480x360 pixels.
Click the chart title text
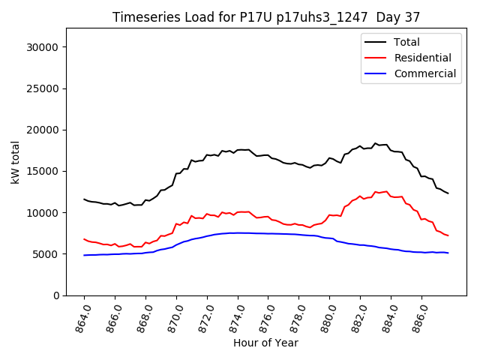pyautogui.click(x=266, y=16)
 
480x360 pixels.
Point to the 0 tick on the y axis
pyautogui.click(x=56, y=295)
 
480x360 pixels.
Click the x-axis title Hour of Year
pyautogui.click(x=265, y=343)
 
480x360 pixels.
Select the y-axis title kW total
pyautogui.click(x=15, y=162)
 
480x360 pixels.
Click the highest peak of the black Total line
pyautogui.click(x=375, y=142)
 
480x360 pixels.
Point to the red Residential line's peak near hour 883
pyautogui.click(x=386, y=191)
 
